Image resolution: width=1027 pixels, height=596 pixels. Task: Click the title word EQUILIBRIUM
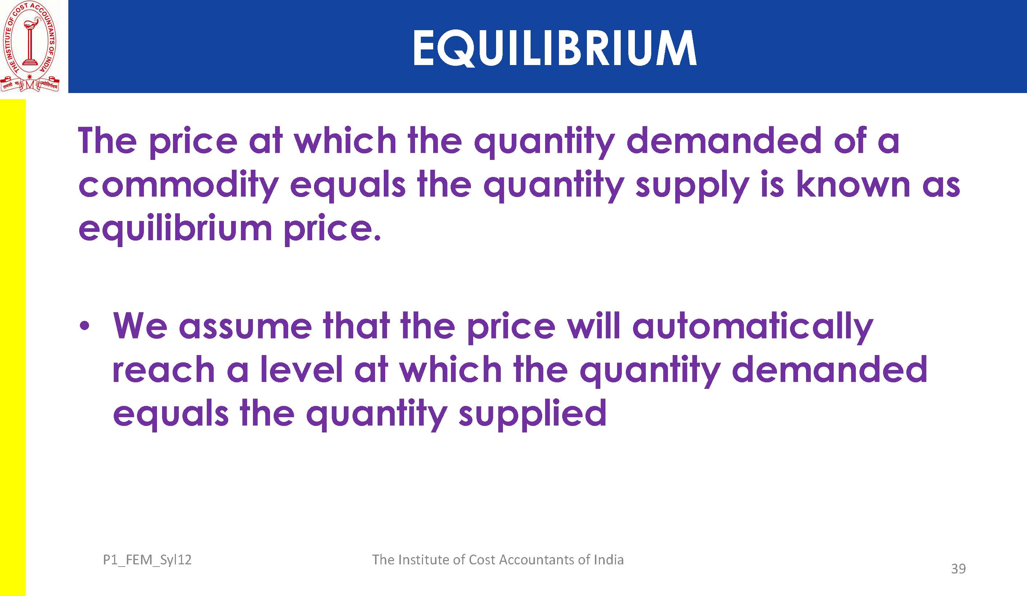(555, 48)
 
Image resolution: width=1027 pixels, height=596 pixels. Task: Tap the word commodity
(178, 185)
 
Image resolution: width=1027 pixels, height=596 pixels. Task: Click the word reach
(164, 369)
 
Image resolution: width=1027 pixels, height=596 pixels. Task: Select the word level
(301, 369)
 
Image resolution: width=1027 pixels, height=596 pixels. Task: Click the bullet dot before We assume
(84, 327)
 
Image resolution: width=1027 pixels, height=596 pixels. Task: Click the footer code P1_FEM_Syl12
(147, 560)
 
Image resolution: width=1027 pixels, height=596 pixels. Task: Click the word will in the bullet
(594, 326)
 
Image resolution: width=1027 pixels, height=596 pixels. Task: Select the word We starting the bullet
(140, 326)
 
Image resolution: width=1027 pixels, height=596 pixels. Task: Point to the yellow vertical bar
(13, 347)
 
